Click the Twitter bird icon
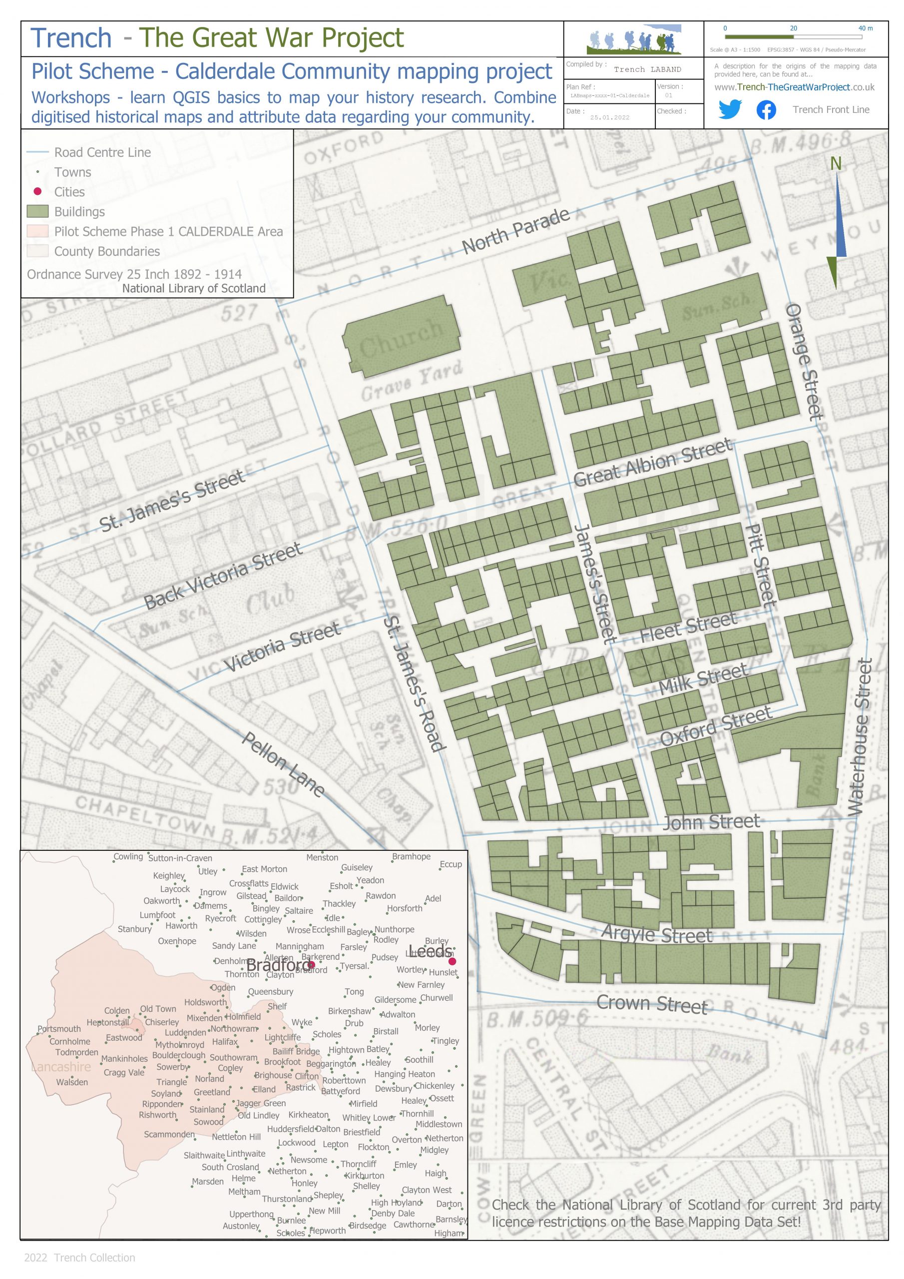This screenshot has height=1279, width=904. coord(730,109)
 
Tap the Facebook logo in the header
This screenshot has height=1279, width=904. coord(766,110)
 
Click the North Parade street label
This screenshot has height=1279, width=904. coord(515,231)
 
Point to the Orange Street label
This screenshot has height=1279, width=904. coord(804,362)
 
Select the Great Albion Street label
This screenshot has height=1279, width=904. coord(652,462)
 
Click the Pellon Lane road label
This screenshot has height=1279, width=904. coord(284,764)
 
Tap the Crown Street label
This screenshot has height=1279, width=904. coord(652,1004)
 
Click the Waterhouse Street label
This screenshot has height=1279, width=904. coord(861,737)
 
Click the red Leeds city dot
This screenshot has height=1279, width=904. coord(452,961)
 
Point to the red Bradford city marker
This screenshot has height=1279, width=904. coord(312,965)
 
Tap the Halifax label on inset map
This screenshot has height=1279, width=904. coord(225,1042)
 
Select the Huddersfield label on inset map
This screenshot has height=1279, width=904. coord(291,1129)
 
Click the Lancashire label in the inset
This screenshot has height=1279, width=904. coord(61,1067)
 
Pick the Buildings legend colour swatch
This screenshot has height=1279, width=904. coord(37,212)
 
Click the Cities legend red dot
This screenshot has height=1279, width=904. coord(37,192)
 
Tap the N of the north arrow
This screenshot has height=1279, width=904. coord(836,164)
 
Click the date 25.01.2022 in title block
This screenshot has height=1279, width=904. coord(609,117)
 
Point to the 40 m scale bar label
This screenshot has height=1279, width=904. coord(865,28)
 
